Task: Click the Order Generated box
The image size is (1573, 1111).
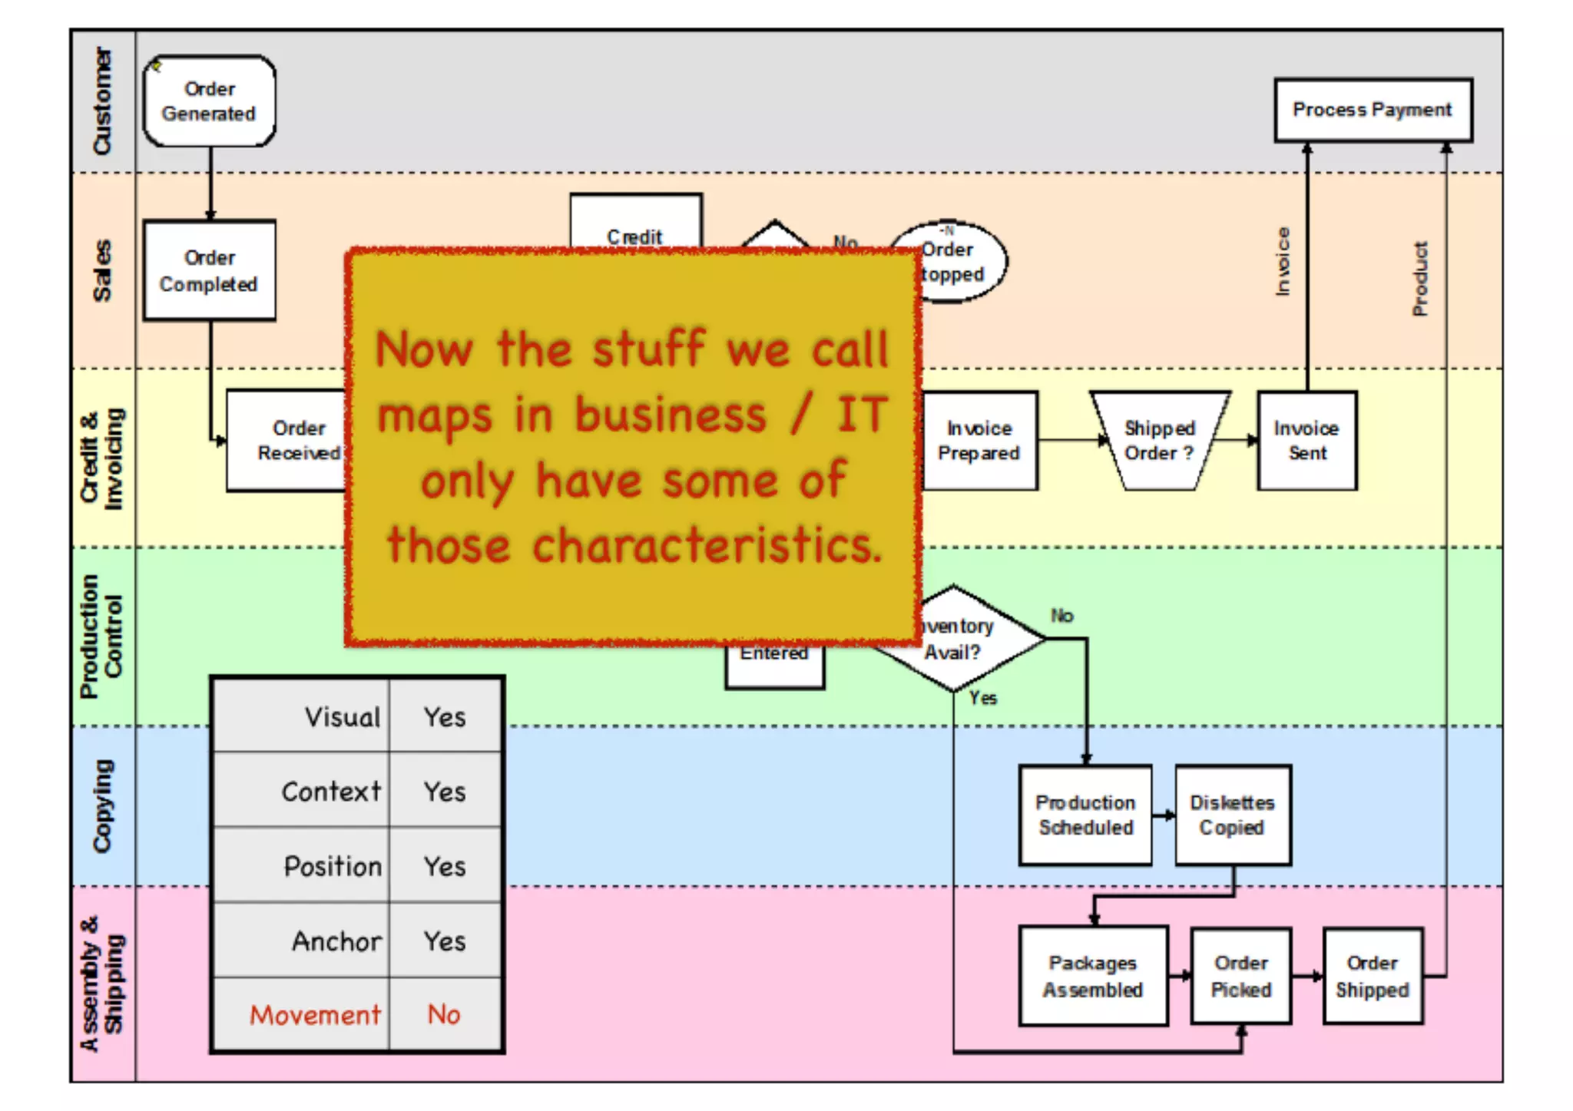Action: pos(209,101)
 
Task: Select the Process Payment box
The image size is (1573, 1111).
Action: pos(1373,110)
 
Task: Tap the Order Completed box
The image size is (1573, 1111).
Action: pos(209,270)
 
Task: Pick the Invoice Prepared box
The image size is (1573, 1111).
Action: pos(979,440)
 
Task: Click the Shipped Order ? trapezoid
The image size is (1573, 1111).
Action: pos(1159,440)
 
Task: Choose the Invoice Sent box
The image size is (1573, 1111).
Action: pos(1306,440)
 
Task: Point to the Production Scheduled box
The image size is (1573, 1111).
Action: pos(1085,815)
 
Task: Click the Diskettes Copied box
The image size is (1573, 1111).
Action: pos(1232,815)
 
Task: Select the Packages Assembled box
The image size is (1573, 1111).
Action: pos(1092,976)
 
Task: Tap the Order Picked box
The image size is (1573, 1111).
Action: pos(1241,976)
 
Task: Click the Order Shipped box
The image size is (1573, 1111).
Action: pos(1373,976)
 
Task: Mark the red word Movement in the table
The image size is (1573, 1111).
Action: pos(315,1015)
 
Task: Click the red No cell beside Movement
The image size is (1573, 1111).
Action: pos(444,1015)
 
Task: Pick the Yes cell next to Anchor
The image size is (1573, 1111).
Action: pos(445,941)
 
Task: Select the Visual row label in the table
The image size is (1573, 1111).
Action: pos(343,717)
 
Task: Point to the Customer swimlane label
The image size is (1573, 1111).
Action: pos(102,101)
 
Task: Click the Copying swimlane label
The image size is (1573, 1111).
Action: pos(102,806)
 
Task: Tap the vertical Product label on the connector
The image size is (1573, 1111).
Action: pos(1420,279)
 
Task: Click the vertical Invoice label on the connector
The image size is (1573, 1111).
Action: pos(1282,262)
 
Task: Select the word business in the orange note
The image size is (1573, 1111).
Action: pos(671,415)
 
